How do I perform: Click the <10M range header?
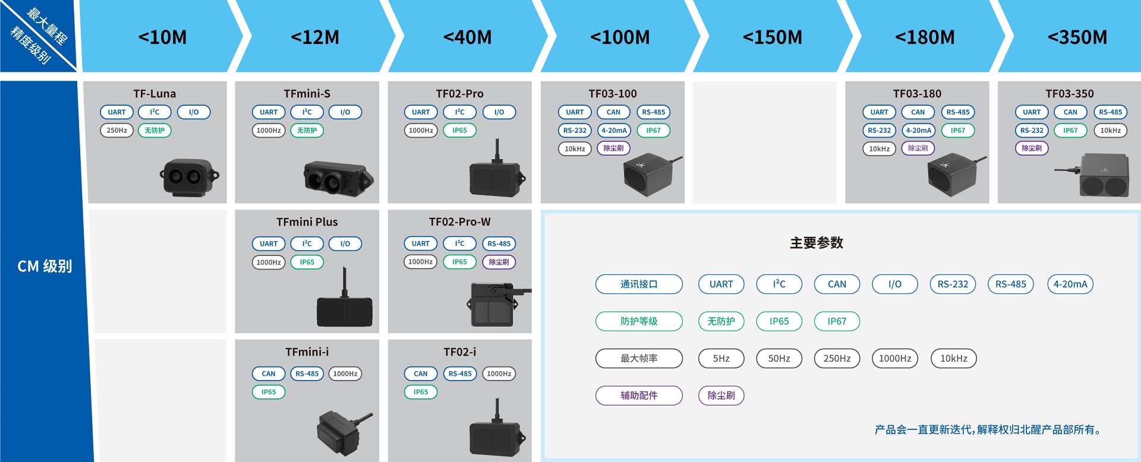coord(162,37)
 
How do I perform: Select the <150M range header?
coord(772,37)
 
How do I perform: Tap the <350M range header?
coord(1077,37)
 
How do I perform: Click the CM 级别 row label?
coord(45,266)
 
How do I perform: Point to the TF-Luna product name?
coord(155,94)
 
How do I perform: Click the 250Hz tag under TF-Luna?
coord(116,131)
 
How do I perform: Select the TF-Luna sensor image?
coord(189,177)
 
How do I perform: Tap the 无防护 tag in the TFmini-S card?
coord(307,131)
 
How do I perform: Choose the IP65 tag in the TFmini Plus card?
coord(307,262)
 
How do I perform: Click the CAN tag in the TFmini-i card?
coord(269,374)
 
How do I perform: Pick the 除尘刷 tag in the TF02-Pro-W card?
coord(499,262)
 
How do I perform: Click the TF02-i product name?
coord(459,352)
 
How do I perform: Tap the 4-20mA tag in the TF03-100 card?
coord(614,131)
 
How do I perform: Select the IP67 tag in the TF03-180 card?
coord(957,131)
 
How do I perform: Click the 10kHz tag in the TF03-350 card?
coord(1110,131)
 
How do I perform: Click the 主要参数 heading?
coord(817,243)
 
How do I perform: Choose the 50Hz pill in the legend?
coord(778,359)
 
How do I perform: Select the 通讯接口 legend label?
coord(639,284)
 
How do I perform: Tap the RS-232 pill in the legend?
coord(953,284)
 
